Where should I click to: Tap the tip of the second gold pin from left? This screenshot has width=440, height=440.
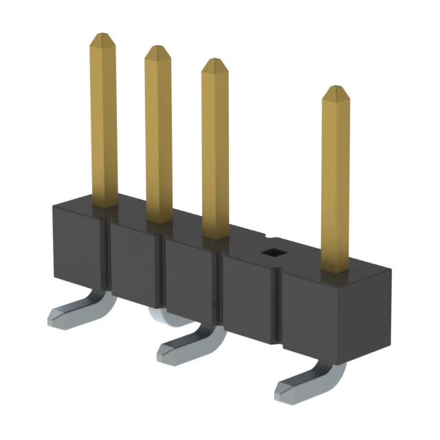(x=157, y=49)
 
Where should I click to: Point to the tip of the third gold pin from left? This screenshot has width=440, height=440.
(x=214, y=63)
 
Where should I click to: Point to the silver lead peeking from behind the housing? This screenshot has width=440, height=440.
(x=159, y=316)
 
